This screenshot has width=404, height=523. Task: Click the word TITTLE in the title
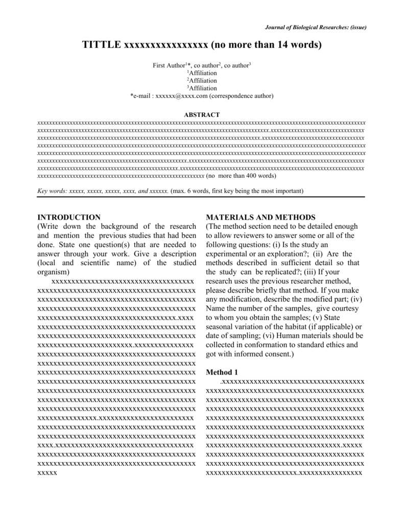[101, 45]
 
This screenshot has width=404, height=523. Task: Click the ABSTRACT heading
[202, 115]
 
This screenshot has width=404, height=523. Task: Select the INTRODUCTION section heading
[69, 217]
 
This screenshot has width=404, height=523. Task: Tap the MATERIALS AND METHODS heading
[260, 217]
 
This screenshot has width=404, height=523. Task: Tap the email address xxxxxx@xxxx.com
[181, 96]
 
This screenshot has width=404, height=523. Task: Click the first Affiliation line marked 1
[202, 73]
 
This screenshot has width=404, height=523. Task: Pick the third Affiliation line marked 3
[202, 88]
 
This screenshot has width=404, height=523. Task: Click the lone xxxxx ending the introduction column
[47, 473]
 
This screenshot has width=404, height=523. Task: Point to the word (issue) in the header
[358, 27]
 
